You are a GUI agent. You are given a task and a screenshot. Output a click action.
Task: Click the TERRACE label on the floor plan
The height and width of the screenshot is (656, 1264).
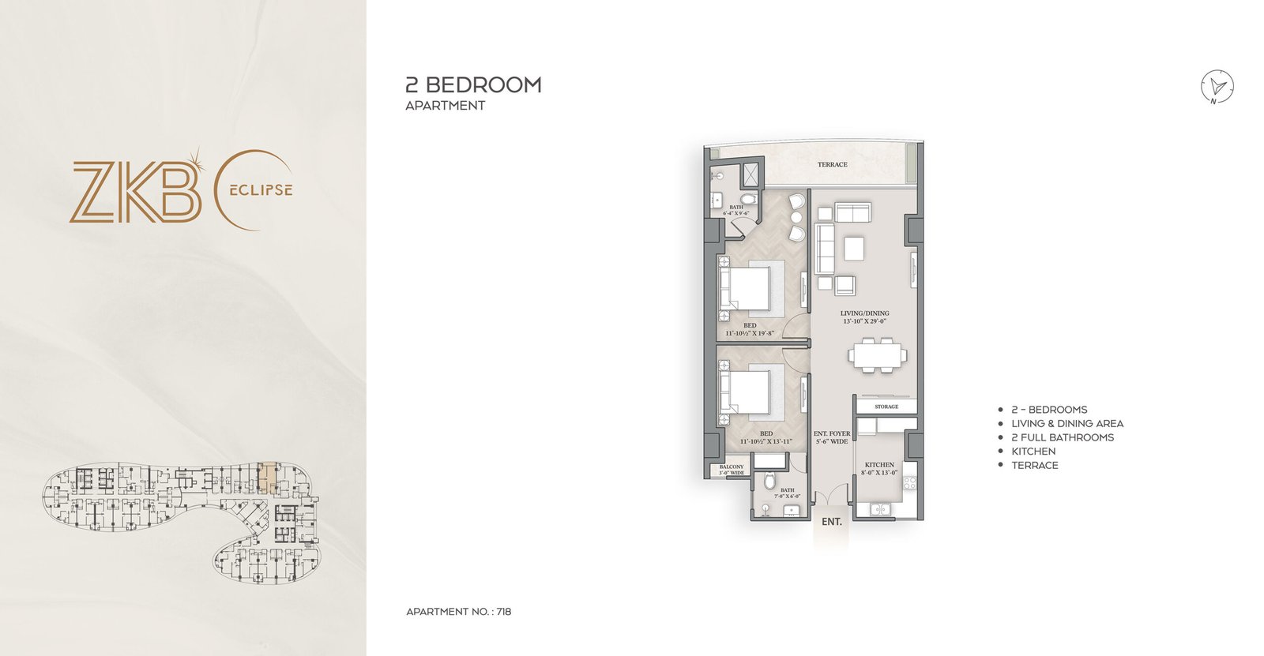coord(832,164)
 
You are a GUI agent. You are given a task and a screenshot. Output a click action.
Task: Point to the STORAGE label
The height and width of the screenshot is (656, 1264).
coord(886,407)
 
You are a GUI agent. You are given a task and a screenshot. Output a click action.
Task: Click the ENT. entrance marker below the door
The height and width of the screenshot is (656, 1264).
coord(831,522)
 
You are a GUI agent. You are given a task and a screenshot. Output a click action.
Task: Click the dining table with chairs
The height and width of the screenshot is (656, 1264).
coord(878,354)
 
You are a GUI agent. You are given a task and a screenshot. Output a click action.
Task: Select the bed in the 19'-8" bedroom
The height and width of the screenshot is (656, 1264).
coord(744,289)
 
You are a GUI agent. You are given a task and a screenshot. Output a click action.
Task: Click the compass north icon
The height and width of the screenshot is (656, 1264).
coord(1217,87)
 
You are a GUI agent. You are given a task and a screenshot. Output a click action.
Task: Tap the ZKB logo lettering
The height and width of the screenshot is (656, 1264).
coord(134,192)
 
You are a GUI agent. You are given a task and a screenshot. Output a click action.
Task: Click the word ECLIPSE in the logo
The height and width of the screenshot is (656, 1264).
coord(261,190)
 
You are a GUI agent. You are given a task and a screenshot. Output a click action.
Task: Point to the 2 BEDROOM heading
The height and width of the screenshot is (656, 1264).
coord(473,85)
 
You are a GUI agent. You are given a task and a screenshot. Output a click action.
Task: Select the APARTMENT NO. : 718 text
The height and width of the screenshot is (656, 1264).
coord(458,612)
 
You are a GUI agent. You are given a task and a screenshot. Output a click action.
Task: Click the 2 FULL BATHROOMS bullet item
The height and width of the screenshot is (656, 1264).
coord(1062,437)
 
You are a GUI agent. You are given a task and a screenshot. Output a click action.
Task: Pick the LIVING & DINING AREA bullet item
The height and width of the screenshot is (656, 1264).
coord(1066,424)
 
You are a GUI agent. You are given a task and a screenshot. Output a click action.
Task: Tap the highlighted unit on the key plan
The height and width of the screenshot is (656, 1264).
coord(269,478)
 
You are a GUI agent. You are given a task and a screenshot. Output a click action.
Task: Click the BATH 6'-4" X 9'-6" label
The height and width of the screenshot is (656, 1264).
coord(736,210)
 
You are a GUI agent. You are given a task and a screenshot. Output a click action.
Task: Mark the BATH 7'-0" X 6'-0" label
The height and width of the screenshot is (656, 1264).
coord(787,493)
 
